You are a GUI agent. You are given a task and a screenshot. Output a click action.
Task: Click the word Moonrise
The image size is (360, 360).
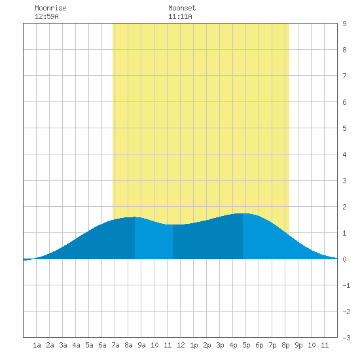(50, 8)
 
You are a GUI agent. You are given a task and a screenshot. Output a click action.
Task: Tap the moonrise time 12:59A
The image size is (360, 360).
(46, 16)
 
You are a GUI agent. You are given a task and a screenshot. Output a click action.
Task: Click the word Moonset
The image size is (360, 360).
(182, 8)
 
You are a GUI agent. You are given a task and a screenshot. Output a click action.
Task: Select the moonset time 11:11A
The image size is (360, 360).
(180, 16)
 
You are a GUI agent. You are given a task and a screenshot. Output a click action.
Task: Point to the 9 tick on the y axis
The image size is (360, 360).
(344, 24)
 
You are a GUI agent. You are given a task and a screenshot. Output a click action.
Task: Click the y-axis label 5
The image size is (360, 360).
(344, 128)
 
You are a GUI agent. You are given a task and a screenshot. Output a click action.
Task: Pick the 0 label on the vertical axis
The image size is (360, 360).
(344, 259)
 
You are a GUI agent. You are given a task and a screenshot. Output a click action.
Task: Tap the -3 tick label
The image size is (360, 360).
(346, 338)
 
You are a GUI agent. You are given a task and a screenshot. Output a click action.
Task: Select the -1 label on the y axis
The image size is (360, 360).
(346, 285)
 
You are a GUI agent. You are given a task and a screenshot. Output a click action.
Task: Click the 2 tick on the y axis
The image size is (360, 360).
(344, 207)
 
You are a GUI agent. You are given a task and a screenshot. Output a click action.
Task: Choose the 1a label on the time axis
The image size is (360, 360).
(37, 345)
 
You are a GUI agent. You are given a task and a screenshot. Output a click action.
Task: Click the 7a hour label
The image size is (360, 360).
(115, 345)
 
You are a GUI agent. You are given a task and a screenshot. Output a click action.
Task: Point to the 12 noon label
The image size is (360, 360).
(181, 345)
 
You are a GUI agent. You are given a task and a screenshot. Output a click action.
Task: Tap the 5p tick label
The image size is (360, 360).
(246, 345)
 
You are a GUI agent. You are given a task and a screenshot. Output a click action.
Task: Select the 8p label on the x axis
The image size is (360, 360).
(285, 345)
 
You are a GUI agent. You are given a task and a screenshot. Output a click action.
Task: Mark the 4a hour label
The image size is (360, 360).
(76, 345)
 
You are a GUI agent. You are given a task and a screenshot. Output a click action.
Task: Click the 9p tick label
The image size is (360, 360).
(298, 345)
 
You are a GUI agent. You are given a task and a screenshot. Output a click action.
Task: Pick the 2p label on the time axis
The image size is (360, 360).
(207, 345)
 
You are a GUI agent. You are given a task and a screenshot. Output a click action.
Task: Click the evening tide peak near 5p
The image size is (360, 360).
(243, 213)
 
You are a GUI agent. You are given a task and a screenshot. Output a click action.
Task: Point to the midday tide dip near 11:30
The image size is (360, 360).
(173, 225)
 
